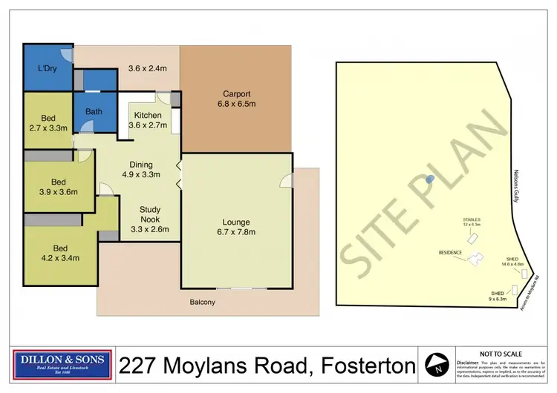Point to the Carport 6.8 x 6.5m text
click(x=234, y=99)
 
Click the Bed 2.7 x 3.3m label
click(x=48, y=123)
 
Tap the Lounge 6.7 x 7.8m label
click(x=235, y=227)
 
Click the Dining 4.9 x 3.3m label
click(x=141, y=170)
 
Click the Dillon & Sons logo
click(x=63, y=365)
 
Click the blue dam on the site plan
click(x=429, y=179)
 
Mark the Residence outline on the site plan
click(x=473, y=260)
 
